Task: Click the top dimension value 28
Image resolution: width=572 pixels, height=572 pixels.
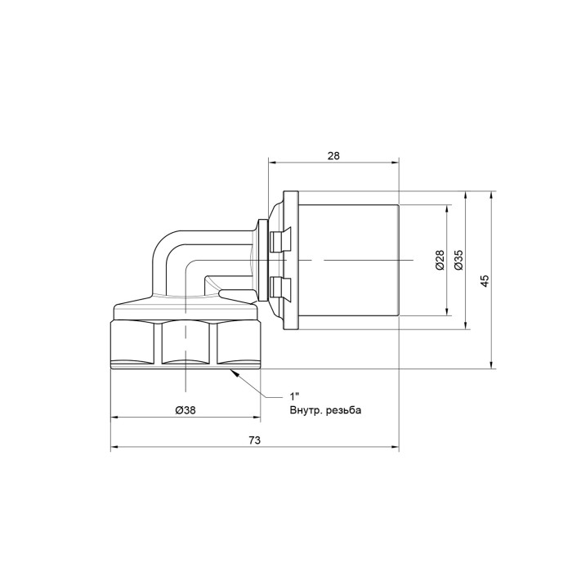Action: (333, 156)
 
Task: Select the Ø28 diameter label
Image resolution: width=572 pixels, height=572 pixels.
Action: (440, 260)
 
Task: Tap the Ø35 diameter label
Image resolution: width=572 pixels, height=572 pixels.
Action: (458, 260)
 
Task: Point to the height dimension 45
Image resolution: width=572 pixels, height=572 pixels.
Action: (484, 280)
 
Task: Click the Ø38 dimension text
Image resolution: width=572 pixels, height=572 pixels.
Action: (185, 410)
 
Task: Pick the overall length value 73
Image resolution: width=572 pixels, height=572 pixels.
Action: (255, 440)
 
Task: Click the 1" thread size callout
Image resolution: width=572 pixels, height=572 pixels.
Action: (294, 396)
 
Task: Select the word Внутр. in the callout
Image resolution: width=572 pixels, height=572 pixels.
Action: (306, 410)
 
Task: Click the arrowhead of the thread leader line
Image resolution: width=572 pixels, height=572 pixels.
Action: (235, 373)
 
